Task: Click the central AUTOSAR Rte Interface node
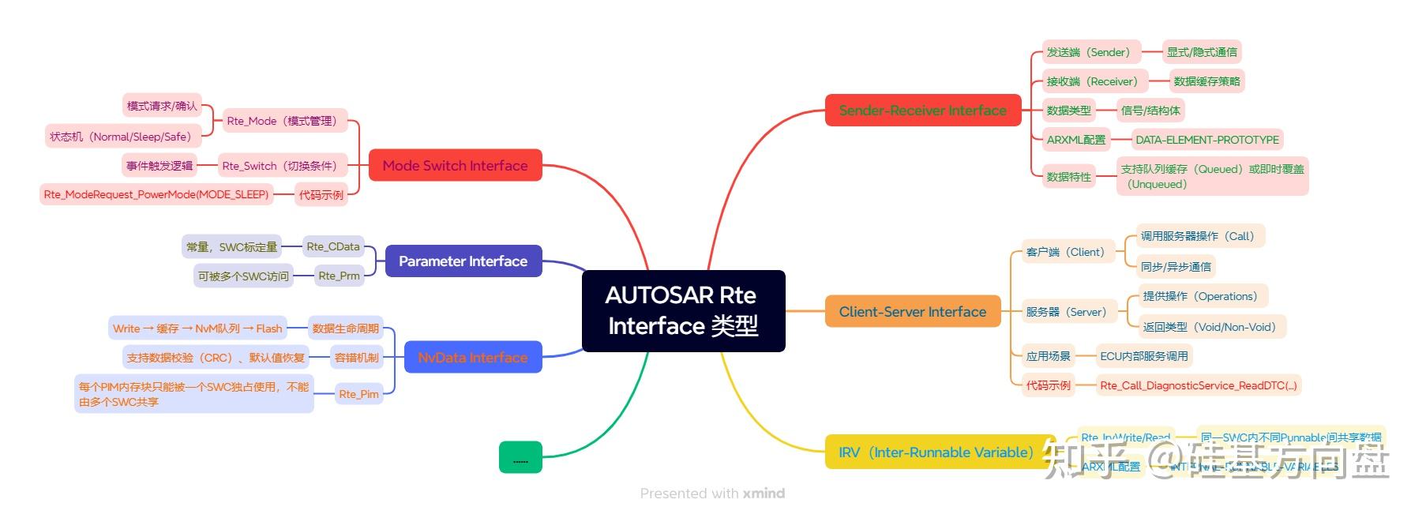(x=683, y=310)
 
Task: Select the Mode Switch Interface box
(x=455, y=165)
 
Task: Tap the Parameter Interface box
(x=463, y=261)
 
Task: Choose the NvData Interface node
(x=472, y=357)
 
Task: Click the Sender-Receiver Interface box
(x=922, y=111)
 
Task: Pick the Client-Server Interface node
(x=912, y=312)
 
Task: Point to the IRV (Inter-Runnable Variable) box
(x=936, y=452)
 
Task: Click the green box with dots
(x=520, y=457)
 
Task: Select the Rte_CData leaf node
(x=332, y=246)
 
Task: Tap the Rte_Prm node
(x=339, y=276)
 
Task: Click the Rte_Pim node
(x=358, y=393)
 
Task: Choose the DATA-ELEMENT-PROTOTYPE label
(x=1206, y=140)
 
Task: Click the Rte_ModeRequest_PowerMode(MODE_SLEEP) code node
(x=156, y=194)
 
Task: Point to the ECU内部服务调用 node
(x=1143, y=356)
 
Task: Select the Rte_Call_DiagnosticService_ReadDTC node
(x=1198, y=385)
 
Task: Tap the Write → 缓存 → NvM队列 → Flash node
(x=197, y=328)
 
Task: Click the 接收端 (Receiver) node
(x=1092, y=81)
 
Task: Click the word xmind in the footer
(x=764, y=494)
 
